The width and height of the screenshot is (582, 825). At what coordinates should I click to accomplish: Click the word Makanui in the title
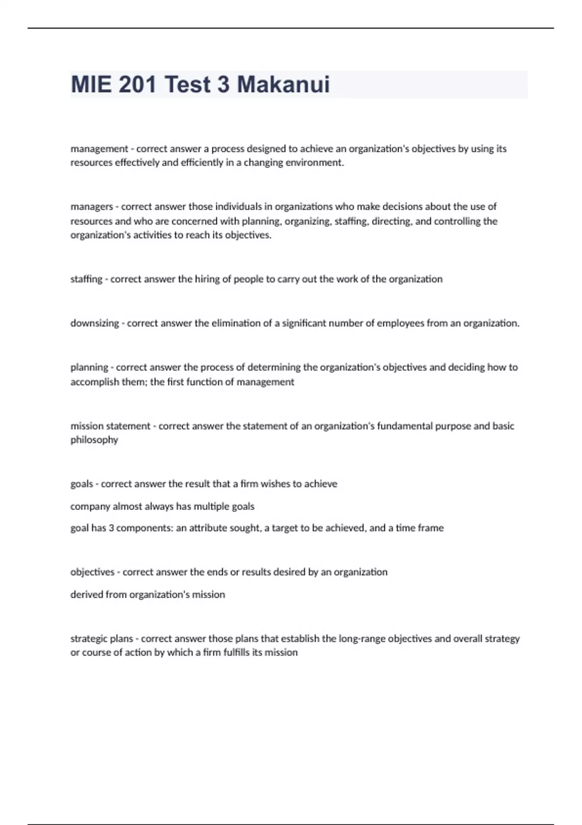[283, 84]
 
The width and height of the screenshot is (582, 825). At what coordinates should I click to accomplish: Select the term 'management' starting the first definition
[99, 149]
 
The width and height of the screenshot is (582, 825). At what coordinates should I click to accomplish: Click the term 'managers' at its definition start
[91, 207]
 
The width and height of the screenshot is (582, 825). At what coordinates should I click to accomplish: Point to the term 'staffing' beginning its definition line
[86, 279]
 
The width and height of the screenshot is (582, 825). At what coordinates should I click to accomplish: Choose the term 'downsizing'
[95, 323]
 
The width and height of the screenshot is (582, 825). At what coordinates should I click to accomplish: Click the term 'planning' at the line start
[89, 367]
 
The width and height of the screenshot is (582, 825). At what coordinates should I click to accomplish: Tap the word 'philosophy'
[94, 440]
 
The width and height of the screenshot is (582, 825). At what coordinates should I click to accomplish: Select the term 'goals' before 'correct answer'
[81, 484]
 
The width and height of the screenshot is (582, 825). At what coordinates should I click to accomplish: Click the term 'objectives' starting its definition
[92, 572]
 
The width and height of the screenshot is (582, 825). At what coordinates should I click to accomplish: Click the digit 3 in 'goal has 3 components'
[111, 528]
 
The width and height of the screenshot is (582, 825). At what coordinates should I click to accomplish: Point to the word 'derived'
[84, 594]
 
